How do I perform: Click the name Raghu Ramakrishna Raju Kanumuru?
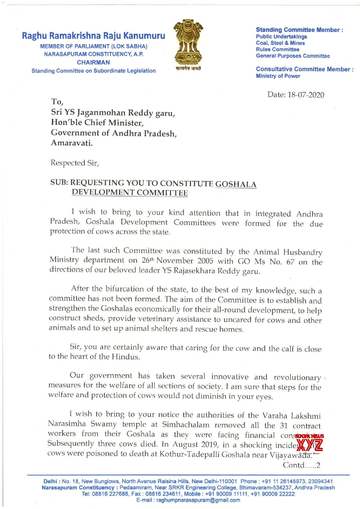coord(93,36)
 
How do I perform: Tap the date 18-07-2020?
coord(305,95)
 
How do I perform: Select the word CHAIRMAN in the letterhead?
coord(93,62)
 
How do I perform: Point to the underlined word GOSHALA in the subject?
coord(236,184)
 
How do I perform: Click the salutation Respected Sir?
coord(75,163)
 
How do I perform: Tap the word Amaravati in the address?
coord(72,143)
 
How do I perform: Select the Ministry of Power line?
coord(278,76)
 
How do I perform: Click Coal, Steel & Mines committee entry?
coord(280,43)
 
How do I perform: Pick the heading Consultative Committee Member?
coord(304,69)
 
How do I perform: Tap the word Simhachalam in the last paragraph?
coord(186,425)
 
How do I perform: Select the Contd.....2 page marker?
coord(301,465)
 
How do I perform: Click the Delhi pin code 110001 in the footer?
coord(228,481)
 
